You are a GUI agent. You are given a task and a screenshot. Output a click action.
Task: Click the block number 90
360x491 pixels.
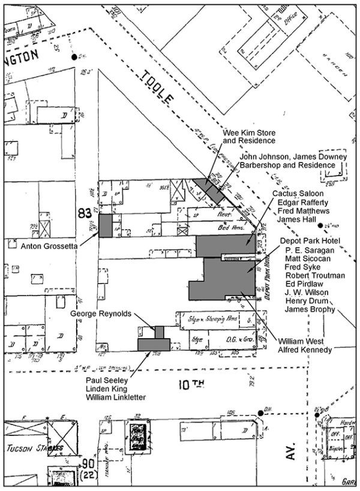[88, 463]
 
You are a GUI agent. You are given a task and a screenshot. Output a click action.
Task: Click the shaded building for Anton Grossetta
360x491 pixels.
[105, 226]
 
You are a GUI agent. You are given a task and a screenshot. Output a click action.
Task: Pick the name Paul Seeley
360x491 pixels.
[105, 378]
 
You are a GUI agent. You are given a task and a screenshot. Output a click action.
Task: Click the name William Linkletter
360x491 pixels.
[115, 397]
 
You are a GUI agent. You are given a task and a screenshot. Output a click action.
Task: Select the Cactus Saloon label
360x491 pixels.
[297, 194]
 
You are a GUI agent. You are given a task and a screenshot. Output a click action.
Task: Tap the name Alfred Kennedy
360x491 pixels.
[305, 350]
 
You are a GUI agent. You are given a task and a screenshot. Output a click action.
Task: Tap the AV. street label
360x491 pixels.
[292, 454]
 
